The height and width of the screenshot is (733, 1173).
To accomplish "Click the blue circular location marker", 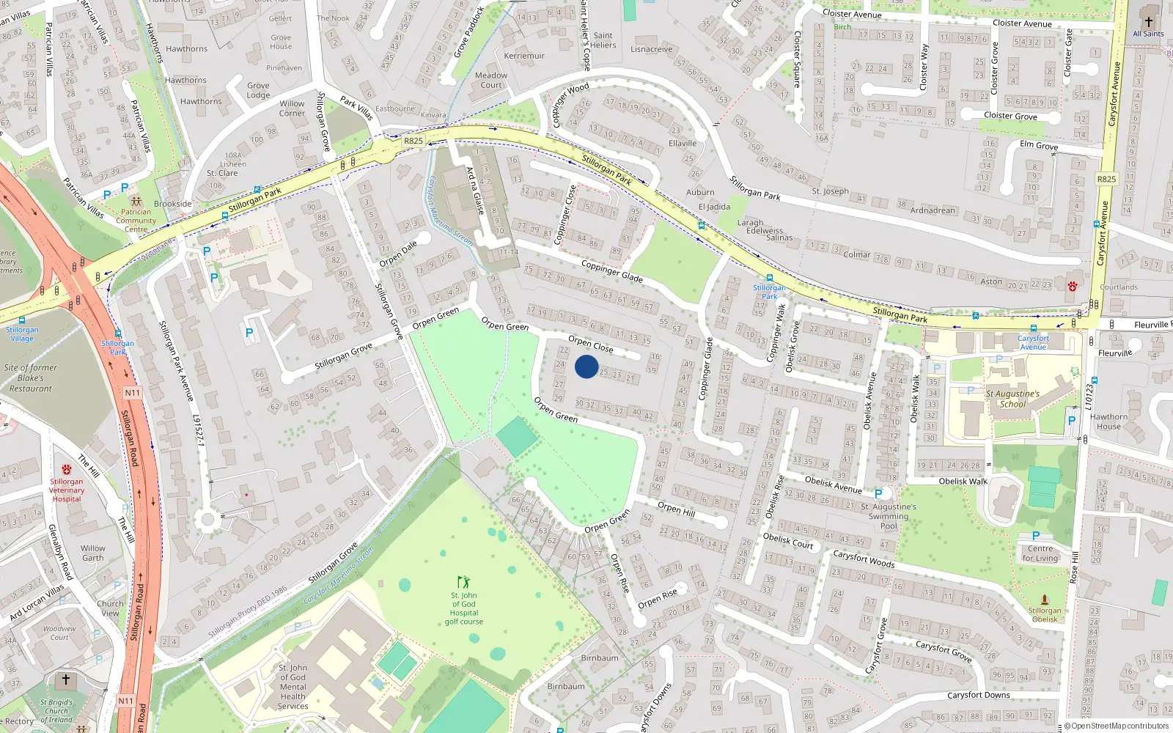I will point(586,366).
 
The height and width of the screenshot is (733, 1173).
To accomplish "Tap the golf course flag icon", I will point(463,582).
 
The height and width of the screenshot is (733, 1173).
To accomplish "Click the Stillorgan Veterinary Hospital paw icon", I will point(67,469).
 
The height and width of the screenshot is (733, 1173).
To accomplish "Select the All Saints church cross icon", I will point(1148,21).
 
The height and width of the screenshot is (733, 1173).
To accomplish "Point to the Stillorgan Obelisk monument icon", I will point(1045,600).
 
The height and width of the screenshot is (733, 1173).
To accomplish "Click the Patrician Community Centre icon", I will point(136,200).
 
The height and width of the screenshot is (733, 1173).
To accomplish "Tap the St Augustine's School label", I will point(1012,399).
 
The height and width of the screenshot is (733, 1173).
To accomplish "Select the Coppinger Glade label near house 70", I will point(611,271).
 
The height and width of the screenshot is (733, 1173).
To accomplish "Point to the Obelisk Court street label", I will point(788,541).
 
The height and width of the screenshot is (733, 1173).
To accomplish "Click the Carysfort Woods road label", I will point(864,559).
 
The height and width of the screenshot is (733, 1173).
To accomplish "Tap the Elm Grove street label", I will point(1039,145).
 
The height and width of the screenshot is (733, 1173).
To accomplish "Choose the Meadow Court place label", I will point(491,80).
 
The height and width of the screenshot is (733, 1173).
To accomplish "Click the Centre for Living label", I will point(1040,553).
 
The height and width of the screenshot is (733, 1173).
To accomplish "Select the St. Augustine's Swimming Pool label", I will point(889,516).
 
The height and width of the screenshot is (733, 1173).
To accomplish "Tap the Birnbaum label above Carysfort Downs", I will point(600,658).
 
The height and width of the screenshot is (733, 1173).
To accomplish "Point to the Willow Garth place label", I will point(93,553).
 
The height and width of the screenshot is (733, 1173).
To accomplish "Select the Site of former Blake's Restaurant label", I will point(31,378).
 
